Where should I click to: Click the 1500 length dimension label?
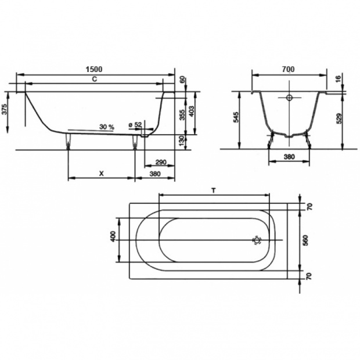click(x=94, y=69)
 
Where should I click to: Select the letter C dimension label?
click(x=95, y=79)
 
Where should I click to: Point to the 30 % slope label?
click(x=106, y=127)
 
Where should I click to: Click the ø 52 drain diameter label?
click(x=135, y=125)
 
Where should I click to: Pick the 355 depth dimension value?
click(x=182, y=114)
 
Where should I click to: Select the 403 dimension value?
click(x=192, y=111)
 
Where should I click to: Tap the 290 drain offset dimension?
click(x=161, y=163)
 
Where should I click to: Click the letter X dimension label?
click(x=101, y=174)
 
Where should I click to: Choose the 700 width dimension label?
click(x=289, y=69)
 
